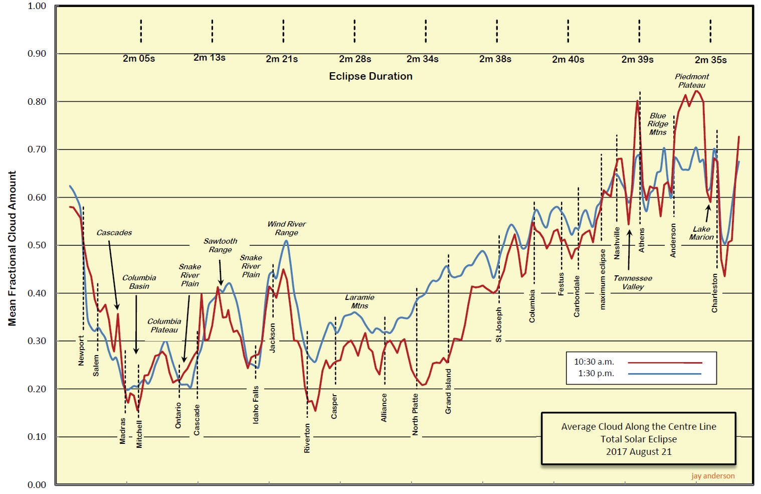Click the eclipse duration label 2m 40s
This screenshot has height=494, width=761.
tap(568, 60)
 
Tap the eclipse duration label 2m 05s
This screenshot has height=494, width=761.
tap(139, 59)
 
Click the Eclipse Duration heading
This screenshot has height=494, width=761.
tap(370, 76)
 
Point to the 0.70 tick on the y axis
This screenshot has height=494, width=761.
tap(37, 149)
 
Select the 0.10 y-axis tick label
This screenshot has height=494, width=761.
tap(37, 437)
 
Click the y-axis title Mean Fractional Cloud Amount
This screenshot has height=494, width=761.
tap(13, 248)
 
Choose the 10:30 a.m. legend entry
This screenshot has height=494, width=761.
tap(594, 362)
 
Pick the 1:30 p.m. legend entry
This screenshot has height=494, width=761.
tap(596, 373)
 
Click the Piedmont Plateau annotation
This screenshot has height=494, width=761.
tap(691, 81)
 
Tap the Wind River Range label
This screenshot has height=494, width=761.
tap(286, 228)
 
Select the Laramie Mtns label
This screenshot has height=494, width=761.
tap(359, 301)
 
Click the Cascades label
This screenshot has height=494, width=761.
tap(114, 233)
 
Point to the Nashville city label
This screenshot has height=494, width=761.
tap(617, 243)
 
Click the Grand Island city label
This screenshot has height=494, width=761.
tap(448, 391)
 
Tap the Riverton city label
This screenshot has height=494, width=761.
tap(307, 438)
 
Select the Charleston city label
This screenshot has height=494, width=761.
tap(714, 293)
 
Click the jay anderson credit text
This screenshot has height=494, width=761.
tap(713, 476)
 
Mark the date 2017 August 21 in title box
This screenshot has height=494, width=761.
tap(638, 451)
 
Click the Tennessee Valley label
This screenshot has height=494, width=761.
tap(633, 282)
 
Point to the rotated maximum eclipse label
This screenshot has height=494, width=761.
tap(603, 279)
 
